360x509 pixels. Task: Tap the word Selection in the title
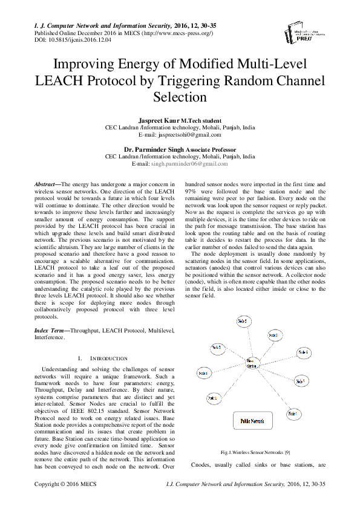[x=180, y=97]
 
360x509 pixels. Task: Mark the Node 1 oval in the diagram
[x=212, y=398]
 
